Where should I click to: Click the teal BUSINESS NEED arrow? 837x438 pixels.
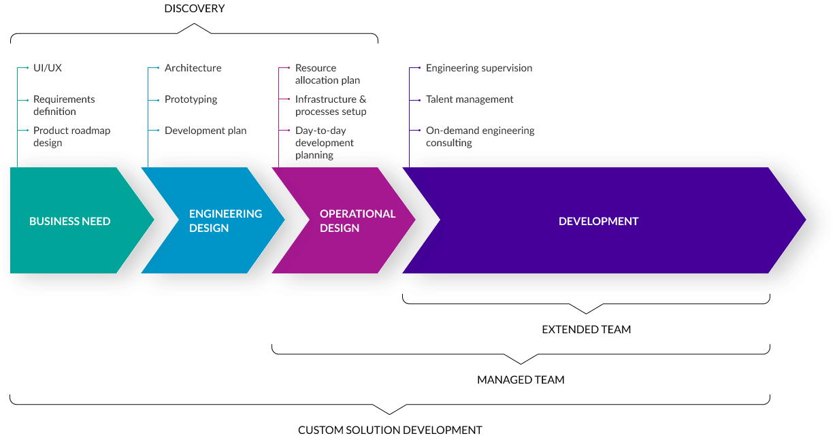pos(69,221)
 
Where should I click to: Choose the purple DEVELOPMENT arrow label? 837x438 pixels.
pos(598,221)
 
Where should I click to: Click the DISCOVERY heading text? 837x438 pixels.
pos(194,8)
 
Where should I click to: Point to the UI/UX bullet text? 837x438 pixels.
pos(48,68)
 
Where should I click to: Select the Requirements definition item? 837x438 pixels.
pos(64,105)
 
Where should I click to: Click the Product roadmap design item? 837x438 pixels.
pos(71,137)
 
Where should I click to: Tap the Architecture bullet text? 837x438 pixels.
pos(193,68)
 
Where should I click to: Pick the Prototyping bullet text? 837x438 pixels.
pos(191,99)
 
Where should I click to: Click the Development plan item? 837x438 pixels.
pos(206,131)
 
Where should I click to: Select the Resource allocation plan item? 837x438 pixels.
pos(327,74)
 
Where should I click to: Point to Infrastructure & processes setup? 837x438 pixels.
pos(331,105)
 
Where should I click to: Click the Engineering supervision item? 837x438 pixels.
pos(479,68)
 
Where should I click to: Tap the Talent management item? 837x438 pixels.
pos(470,99)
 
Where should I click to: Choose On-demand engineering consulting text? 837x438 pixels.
pos(480,137)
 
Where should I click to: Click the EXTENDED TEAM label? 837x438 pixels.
pos(586,329)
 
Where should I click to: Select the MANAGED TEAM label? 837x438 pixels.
pos(521,380)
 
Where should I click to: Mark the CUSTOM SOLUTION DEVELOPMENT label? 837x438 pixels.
pos(389,430)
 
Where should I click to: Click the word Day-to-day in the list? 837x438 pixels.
pos(321,131)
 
